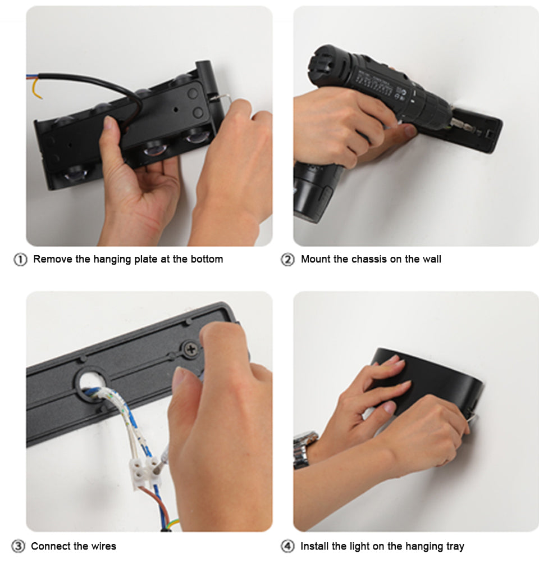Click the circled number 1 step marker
pyautogui.click(x=20, y=260)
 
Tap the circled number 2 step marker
pyautogui.click(x=287, y=260)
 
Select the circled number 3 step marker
pyautogui.click(x=18, y=547)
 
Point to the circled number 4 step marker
pyautogui.click(x=287, y=547)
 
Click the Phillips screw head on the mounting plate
pyautogui.click(x=190, y=349)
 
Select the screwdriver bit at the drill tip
pyautogui.click(x=458, y=123)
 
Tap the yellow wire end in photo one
pyautogui.click(x=35, y=89)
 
